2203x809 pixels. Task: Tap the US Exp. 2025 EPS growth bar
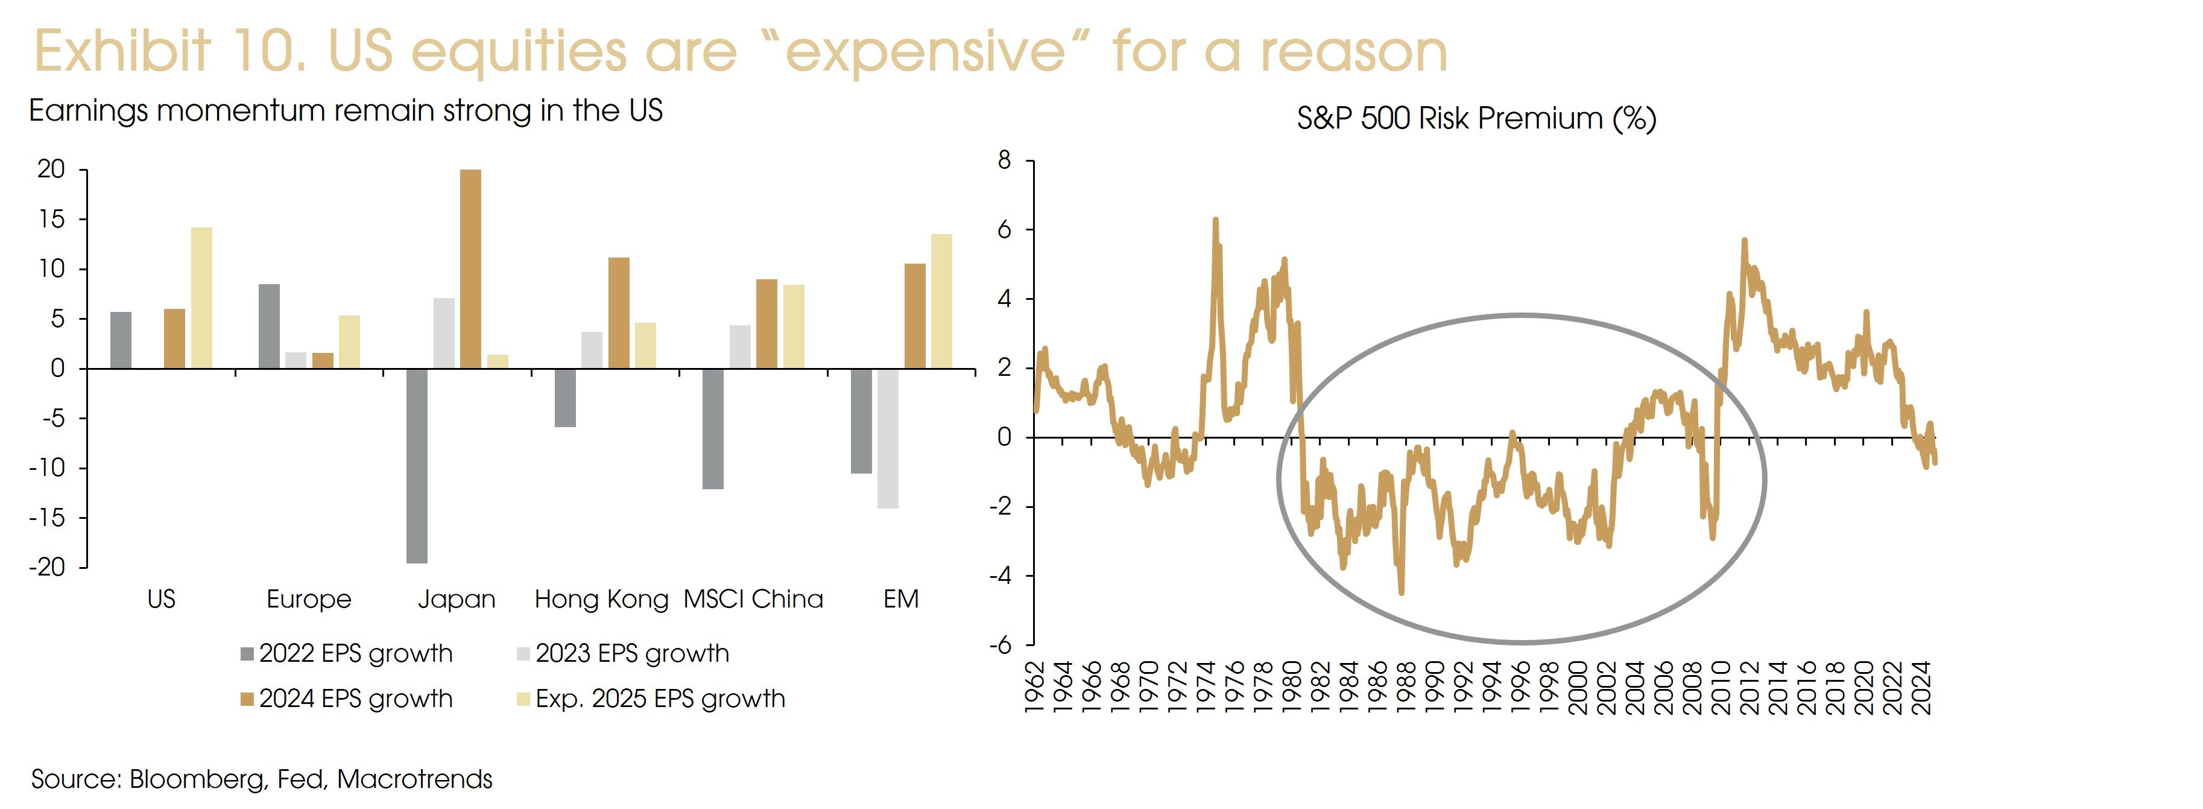pyautogui.click(x=202, y=297)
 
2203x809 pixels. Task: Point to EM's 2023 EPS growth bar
pyautogui.click(x=888, y=438)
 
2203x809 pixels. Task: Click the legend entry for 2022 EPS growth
pyautogui.click(x=346, y=653)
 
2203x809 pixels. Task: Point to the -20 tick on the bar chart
pyautogui.click(x=47, y=567)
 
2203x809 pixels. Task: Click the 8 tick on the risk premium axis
pyautogui.click(x=1004, y=160)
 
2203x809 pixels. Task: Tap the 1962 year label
pyautogui.click(x=1035, y=687)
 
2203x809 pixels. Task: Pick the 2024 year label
pyautogui.click(x=1921, y=687)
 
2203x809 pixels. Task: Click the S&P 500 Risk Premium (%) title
pyautogui.click(x=1476, y=118)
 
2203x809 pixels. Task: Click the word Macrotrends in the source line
pyautogui.click(x=415, y=779)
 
